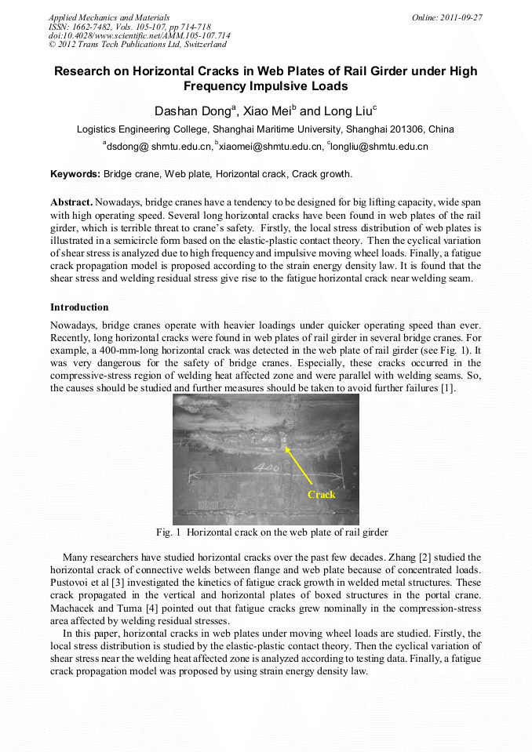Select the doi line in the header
[x=140, y=35]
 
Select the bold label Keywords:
[x=75, y=174]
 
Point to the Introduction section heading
[x=79, y=307]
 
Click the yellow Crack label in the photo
[x=321, y=494]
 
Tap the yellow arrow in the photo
[x=303, y=465]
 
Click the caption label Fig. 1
[x=169, y=532]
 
